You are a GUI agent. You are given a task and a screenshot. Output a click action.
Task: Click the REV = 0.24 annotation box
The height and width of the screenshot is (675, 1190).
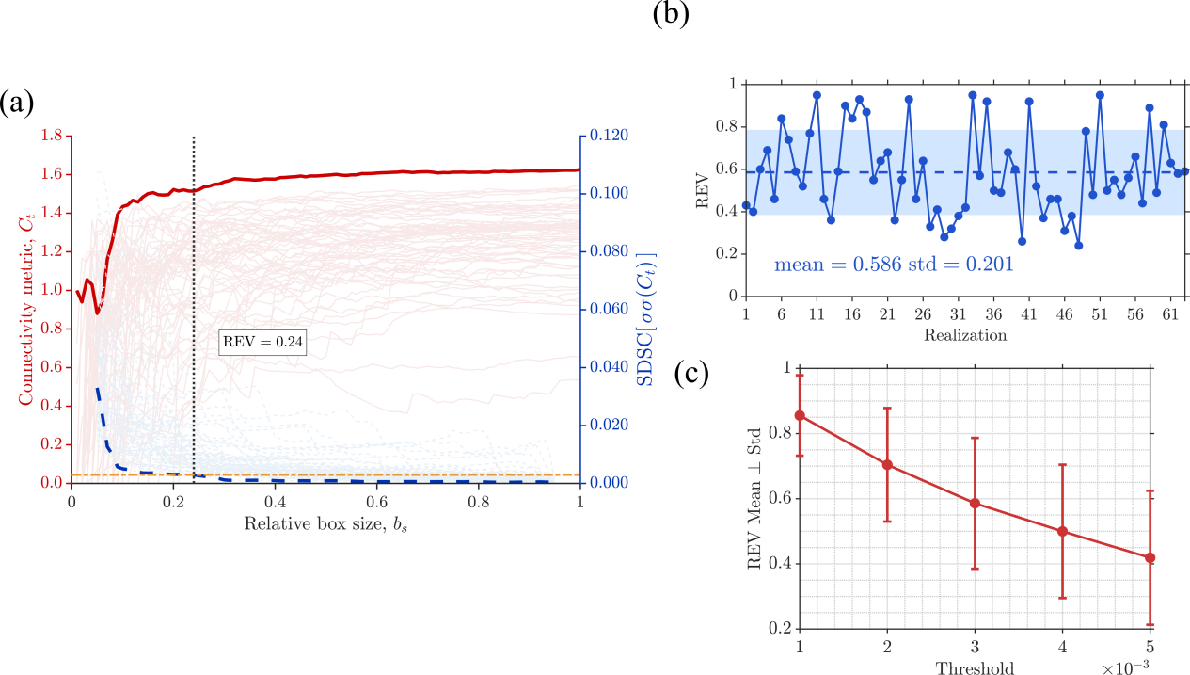(x=252, y=342)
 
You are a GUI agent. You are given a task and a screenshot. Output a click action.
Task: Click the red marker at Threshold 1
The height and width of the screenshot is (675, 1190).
(x=801, y=415)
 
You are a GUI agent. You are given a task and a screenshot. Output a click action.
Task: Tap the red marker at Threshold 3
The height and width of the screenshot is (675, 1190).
(x=976, y=503)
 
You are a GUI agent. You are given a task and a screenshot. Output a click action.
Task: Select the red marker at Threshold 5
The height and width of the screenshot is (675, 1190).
(x=1150, y=557)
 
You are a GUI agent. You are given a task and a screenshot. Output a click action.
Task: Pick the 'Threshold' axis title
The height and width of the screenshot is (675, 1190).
(x=975, y=667)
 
